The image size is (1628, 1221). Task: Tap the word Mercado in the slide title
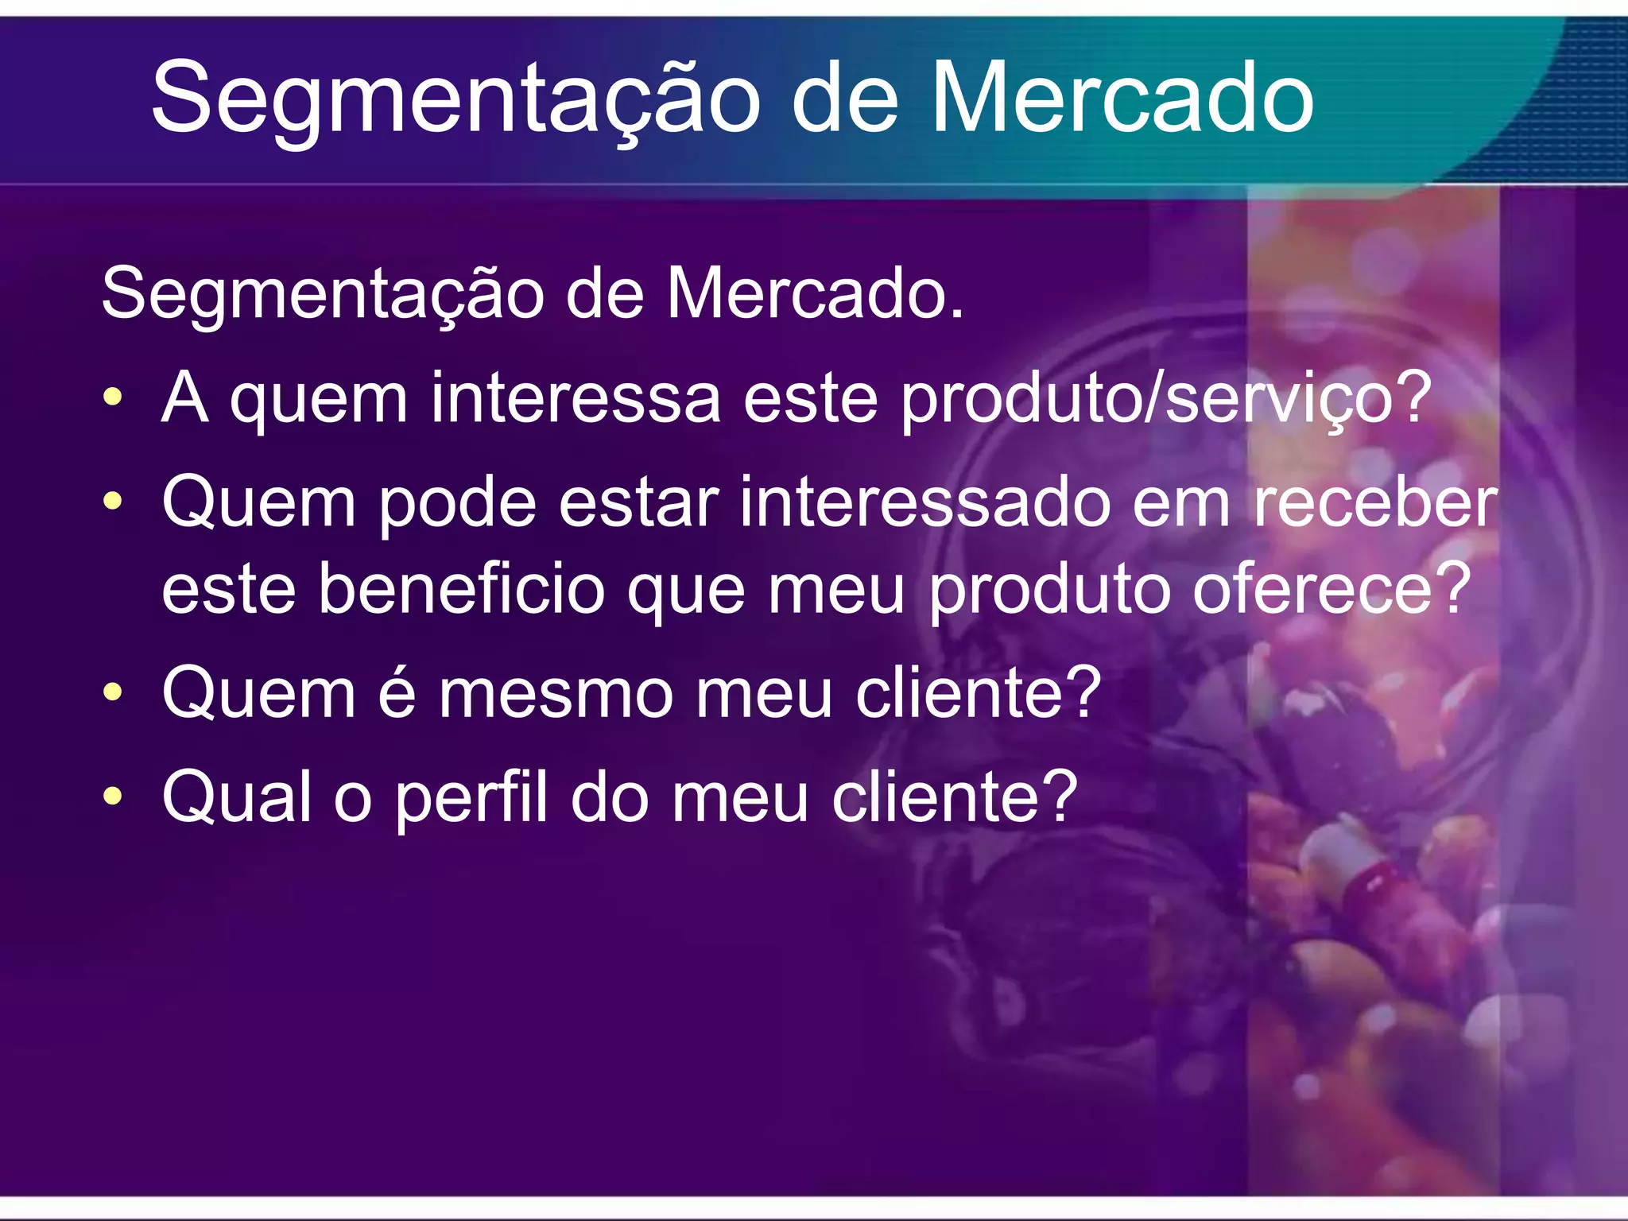(x=1122, y=99)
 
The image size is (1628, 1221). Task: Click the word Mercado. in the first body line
(x=815, y=294)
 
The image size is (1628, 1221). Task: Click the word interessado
(x=924, y=502)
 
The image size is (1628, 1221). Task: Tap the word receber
(x=1375, y=502)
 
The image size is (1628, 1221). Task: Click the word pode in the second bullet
(x=457, y=504)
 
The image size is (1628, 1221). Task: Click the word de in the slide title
(x=845, y=99)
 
